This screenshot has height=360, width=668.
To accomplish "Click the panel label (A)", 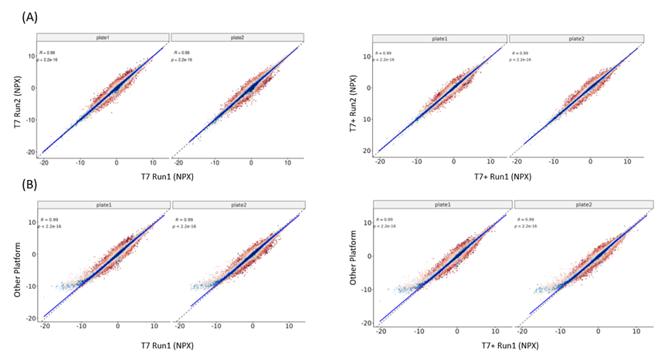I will [x=30, y=15].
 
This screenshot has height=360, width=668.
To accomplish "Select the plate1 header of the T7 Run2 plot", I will [x=102, y=37].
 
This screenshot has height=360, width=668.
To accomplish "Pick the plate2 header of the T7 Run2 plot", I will [x=237, y=37].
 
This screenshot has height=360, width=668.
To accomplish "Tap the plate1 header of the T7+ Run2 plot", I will [x=439, y=38].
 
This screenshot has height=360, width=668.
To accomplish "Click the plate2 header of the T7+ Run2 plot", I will [x=576, y=38].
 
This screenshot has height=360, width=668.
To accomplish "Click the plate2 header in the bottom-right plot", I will [x=576, y=205].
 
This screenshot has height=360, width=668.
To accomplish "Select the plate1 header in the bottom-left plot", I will [x=102, y=204].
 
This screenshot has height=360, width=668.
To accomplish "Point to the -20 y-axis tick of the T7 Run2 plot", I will [x=29, y=152].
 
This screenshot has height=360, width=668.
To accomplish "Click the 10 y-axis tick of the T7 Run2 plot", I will [x=30, y=56].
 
